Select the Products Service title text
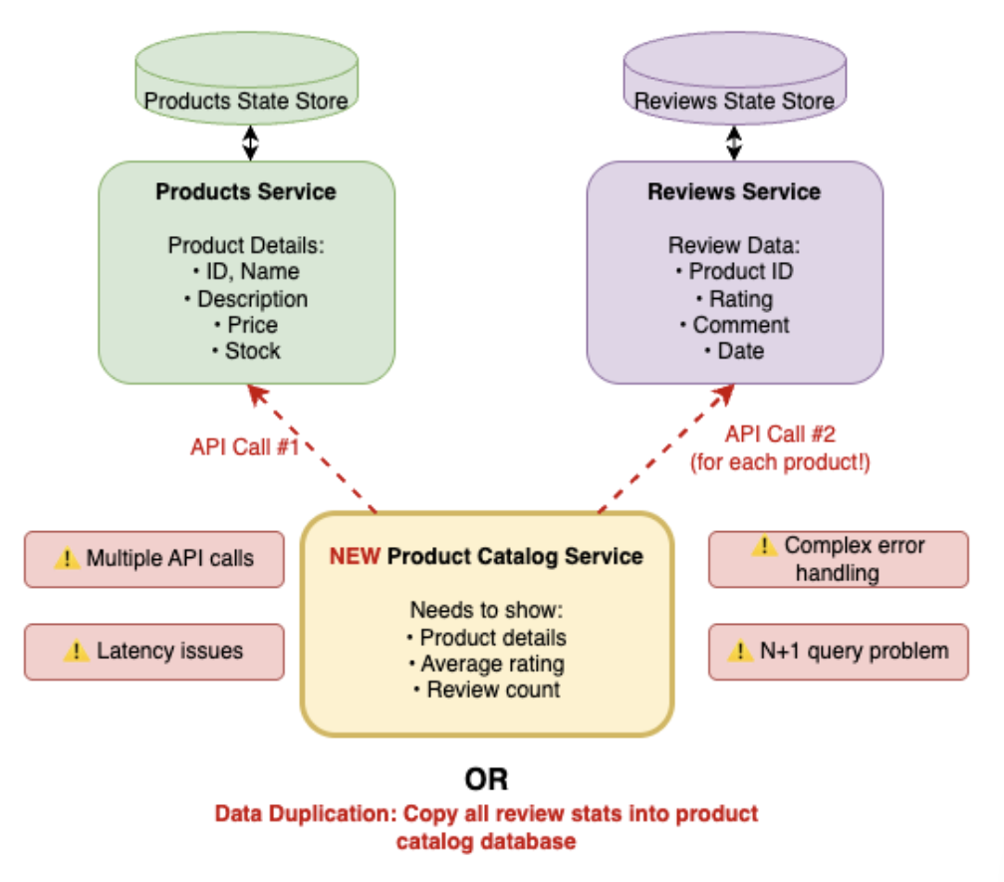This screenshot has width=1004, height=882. (246, 191)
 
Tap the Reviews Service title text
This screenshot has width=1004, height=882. (734, 191)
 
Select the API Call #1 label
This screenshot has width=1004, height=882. (245, 446)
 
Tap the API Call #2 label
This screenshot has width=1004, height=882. (780, 436)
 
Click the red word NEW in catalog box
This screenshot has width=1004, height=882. (354, 556)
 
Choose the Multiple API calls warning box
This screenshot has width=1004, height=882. (153, 559)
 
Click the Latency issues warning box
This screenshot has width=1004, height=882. (153, 652)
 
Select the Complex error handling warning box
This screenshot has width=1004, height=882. (838, 559)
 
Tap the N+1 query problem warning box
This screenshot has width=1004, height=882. (838, 652)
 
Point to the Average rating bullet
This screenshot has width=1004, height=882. (487, 664)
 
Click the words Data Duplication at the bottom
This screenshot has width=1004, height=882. (305, 813)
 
